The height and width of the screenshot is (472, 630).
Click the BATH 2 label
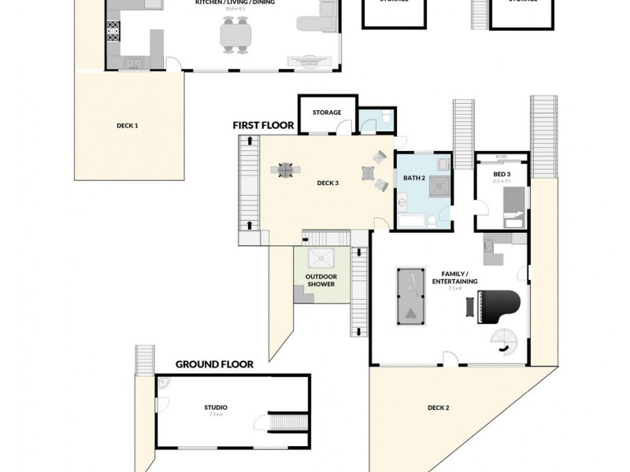tap(415, 179)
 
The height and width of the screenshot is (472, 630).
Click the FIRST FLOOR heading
tap(263, 125)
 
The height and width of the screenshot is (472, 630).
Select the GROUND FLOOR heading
tap(214, 364)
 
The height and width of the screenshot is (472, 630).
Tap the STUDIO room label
tap(216, 407)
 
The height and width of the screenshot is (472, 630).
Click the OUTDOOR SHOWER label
tap(321, 280)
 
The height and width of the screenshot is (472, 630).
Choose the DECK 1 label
tap(127, 125)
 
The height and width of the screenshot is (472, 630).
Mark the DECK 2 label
tap(439, 407)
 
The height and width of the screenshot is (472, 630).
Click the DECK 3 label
tap(328, 183)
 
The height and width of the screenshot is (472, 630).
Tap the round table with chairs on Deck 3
tap(285, 169)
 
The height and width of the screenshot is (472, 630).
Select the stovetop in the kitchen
tap(113, 31)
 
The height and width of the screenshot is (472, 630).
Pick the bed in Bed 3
tap(513, 208)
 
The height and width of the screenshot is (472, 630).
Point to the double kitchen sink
tap(132, 62)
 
